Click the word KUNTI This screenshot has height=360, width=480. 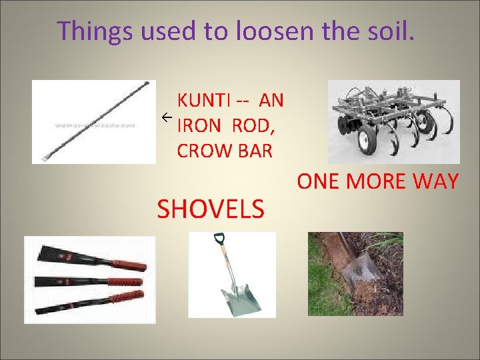coord(205,101)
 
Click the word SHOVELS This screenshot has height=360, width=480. coord(211,209)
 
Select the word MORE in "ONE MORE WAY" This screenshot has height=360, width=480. coord(380,181)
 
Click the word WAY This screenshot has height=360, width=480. coord(437,181)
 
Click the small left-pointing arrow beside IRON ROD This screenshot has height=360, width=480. coord(167,118)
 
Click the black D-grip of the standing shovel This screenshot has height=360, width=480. coord(219,238)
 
